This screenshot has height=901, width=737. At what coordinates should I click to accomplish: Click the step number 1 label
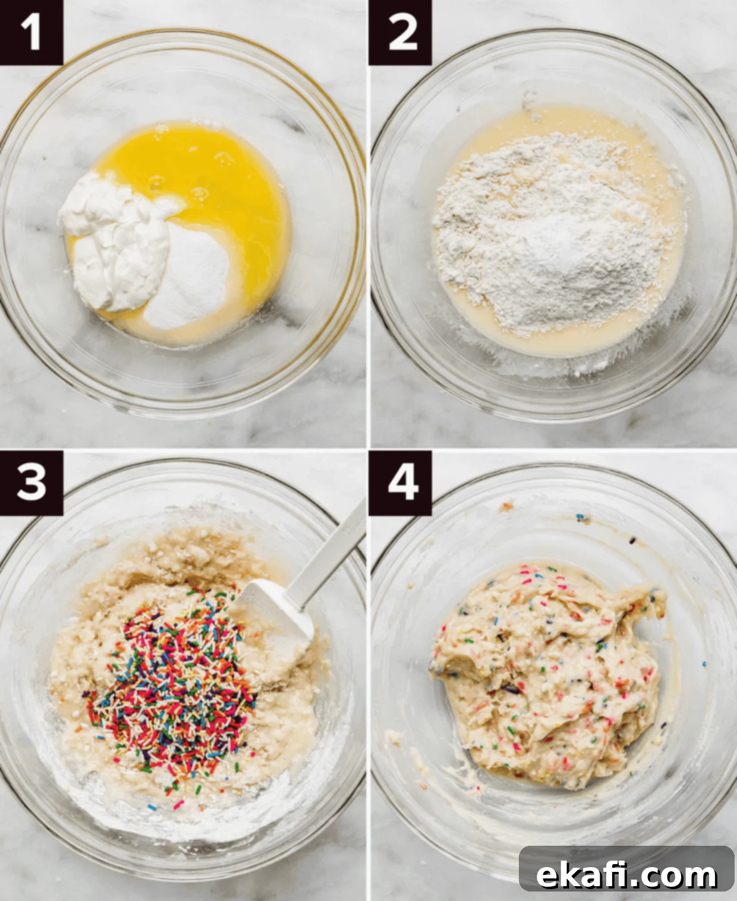point(31,32)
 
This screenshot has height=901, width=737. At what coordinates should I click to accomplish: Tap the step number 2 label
point(400,32)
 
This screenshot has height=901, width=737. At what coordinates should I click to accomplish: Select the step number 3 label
point(31,483)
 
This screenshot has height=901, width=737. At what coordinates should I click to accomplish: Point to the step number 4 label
point(400,483)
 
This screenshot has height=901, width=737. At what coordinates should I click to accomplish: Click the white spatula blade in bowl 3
point(273,615)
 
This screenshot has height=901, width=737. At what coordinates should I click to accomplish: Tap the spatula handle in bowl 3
point(329,551)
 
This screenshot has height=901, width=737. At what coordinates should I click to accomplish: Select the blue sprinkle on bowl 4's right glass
point(704,664)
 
